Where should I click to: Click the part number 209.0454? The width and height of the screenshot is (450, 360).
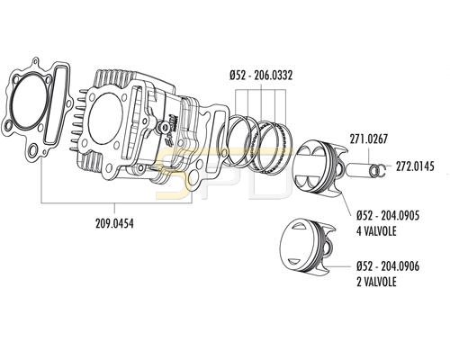[114, 223]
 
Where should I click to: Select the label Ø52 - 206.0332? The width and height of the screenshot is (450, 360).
[261, 76]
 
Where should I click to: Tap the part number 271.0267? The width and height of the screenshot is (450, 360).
[369, 139]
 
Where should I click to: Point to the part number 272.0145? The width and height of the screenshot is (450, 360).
[415, 166]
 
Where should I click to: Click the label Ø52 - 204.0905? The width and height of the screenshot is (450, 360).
[388, 216]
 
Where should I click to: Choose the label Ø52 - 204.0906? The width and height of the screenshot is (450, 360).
[388, 266]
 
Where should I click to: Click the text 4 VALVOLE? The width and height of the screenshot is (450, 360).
[376, 231]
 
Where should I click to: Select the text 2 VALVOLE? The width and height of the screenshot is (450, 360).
[376, 282]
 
